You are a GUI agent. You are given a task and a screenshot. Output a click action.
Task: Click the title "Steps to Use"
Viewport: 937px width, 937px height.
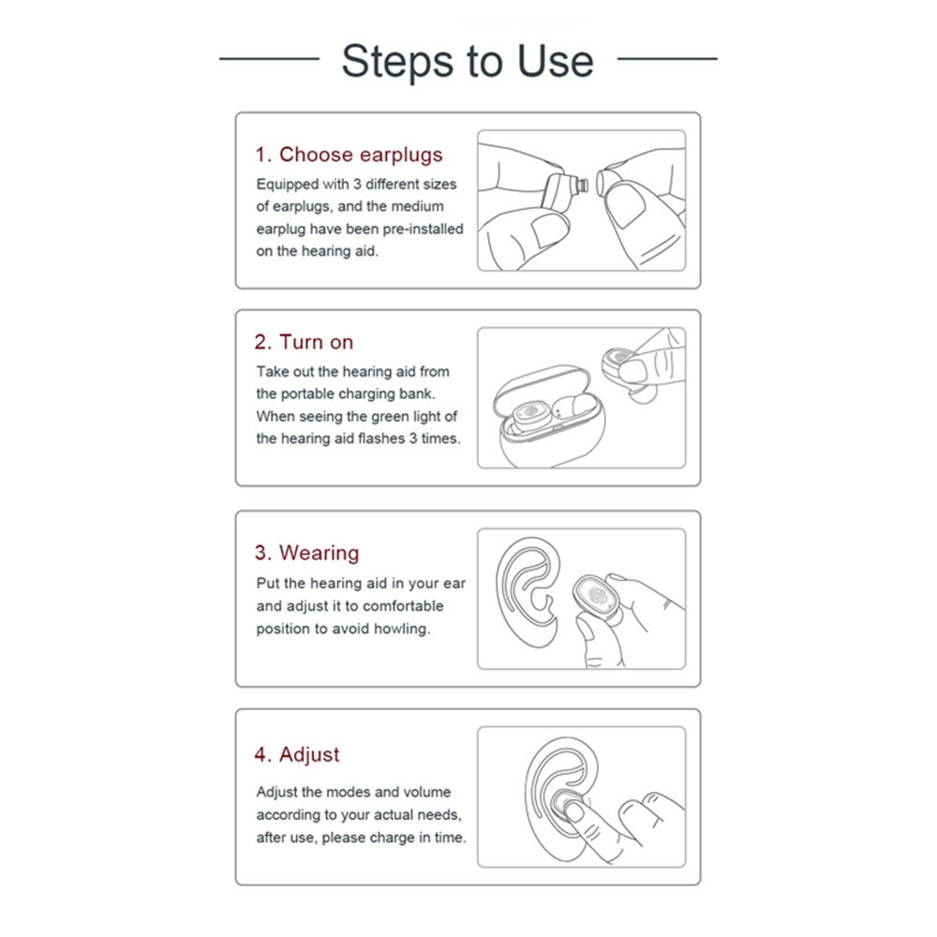point(468,61)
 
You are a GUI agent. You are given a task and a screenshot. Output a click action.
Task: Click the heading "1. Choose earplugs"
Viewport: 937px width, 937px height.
point(349,155)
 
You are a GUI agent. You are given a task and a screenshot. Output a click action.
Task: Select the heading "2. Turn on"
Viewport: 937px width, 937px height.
point(304,342)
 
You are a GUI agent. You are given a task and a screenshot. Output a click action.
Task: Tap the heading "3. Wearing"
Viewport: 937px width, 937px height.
point(306,553)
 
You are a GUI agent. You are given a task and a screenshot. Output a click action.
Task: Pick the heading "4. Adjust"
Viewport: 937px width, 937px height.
point(296,754)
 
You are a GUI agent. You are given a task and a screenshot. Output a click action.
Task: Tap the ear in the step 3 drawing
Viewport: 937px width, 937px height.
point(528,592)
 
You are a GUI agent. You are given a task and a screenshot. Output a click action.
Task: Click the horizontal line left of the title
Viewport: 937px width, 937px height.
point(270,58)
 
